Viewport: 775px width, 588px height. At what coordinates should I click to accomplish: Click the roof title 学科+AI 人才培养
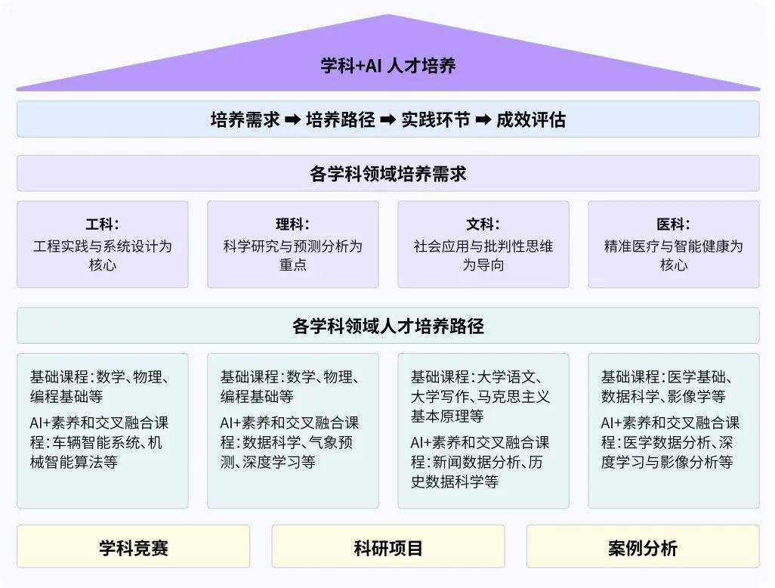point(388,65)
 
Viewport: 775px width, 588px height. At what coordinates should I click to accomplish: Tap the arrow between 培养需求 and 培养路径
point(292,119)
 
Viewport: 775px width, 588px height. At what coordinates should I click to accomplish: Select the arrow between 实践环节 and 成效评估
point(483,119)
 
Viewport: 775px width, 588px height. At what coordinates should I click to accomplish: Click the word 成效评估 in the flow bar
point(531,119)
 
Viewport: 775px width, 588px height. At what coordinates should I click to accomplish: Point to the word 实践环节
point(435,119)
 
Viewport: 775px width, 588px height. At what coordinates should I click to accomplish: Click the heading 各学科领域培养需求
point(388,174)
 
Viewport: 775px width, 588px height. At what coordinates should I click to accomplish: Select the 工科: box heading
point(102,224)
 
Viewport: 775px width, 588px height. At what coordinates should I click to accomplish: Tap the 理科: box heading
point(292,224)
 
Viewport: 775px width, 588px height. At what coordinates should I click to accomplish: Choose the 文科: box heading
point(483,224)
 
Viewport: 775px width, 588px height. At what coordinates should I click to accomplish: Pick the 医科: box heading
point(673,224)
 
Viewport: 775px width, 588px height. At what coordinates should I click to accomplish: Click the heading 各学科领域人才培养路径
point(388,326)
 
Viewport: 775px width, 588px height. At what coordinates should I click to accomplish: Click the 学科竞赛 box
point(134,546)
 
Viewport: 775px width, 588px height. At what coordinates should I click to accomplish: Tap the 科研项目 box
point(388,546)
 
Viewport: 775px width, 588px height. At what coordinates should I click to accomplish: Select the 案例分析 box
point(643,546)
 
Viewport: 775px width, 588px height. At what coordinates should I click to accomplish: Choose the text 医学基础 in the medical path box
point(697,377)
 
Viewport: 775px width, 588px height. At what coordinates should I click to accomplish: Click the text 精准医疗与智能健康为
point(673,246)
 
